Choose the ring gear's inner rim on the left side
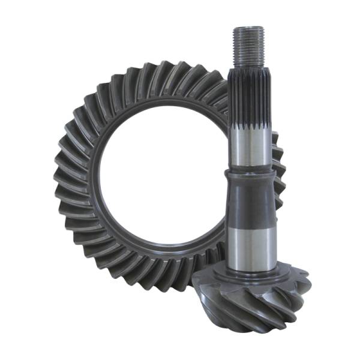[x=96, y=180]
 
